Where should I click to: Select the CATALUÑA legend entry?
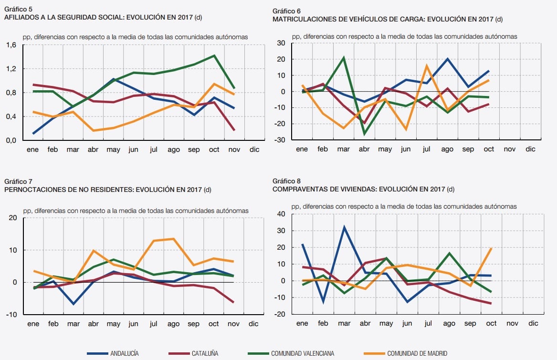click(x=205, y=353)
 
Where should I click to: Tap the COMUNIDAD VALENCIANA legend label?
click(x=302, y=353)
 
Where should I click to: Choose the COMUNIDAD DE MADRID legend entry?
click(x=417, y=353)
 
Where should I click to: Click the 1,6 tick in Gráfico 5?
click(x=11, y=45)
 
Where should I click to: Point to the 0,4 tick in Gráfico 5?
click(x=11, y=116)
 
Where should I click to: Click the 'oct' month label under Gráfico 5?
click(x=214, y=149)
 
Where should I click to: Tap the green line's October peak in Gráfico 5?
click(x=214, y=55)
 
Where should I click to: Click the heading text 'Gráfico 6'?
click(x=286, y=11)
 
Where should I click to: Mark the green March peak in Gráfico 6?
click(x=344, y=58)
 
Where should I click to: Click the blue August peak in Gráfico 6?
click(x=447, y=59)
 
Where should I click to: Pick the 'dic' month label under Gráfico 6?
click(x=531, y=149)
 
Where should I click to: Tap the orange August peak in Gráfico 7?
click(x=173, y=239)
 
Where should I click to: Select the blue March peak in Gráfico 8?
click(x=344, y=227)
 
